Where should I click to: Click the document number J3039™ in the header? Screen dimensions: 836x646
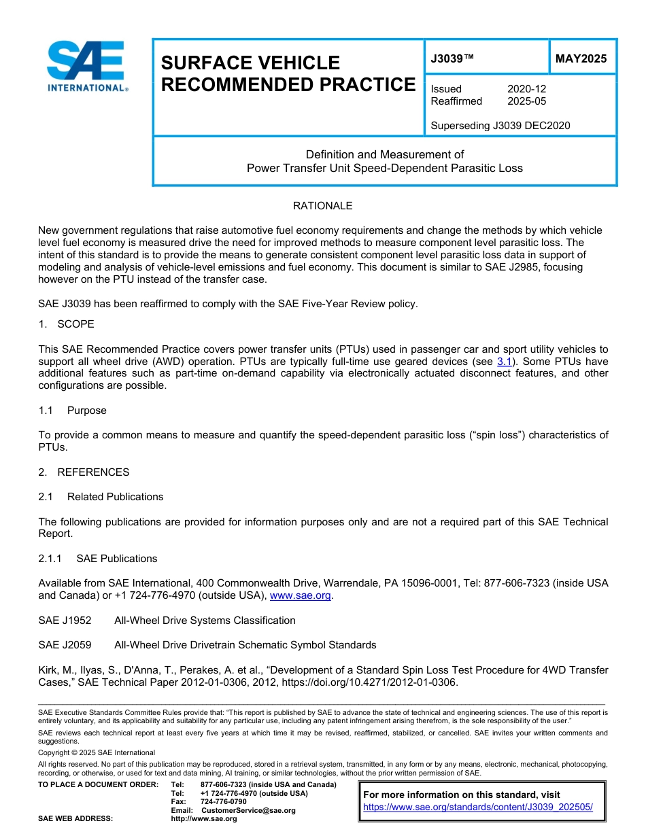(452, 58)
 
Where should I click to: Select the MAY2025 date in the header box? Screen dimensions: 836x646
(581, 58)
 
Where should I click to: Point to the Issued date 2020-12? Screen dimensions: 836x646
(526, 89)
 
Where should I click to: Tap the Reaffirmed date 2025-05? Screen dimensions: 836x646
(526, 101)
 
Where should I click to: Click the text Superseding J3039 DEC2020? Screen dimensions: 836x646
(500, 125)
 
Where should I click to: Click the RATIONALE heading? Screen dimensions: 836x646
(322, 206)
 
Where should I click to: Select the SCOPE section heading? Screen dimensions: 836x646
(75, 324)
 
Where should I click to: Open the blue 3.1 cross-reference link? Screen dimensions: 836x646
(504, 362)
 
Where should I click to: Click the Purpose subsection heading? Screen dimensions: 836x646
(86, 411)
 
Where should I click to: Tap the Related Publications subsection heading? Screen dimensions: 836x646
(115, 497)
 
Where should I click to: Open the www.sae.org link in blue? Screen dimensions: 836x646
(301, 595)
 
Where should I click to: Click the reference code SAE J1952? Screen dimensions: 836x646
(65, 621)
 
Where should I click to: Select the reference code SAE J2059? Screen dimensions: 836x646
(65, 645)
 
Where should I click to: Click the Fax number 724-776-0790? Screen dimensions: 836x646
(223, 802)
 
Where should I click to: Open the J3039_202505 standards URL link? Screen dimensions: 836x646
(478, 807)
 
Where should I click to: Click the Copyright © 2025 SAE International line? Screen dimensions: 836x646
(97, 752)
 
